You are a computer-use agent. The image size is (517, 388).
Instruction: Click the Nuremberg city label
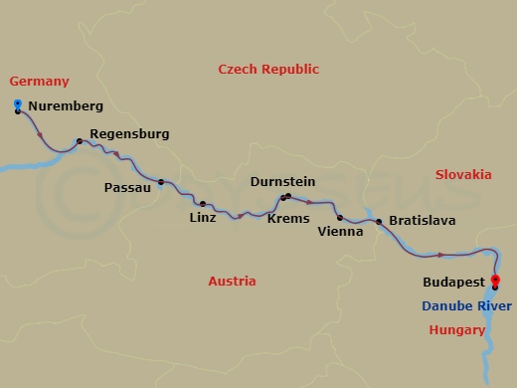coord(66,105)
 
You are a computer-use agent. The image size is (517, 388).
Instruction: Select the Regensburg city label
coord(129,133)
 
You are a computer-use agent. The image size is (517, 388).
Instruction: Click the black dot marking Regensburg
coord(80,141)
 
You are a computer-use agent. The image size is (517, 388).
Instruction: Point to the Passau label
coord(127,187)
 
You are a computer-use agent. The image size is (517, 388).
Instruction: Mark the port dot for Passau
coord(160,182)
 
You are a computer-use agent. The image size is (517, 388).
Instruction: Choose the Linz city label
coord(203,217)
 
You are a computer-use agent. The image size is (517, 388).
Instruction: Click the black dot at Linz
coord(203,204)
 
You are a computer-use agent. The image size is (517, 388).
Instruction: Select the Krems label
coord(288,218)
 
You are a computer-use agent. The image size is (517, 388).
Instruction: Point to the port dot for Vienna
coord(339,218)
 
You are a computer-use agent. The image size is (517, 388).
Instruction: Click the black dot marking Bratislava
coord(379,221)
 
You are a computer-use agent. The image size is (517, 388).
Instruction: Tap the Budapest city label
coord(453,283)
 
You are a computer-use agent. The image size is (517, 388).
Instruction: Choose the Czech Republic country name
coord(268,70)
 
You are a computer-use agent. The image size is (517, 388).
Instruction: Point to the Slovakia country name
coord(463,174)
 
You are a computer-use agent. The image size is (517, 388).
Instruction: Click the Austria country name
coord(232,282)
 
